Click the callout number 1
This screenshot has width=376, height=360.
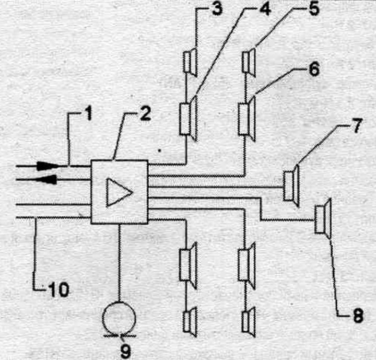pyautogui.click(x=89, y=113)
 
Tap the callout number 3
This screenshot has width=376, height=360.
pyautogui.click(x=217, y=8)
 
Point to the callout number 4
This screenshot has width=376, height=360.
pyautogui.click(x=265, y=8)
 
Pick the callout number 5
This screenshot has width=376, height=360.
pyautogui.click(x=313, y=8)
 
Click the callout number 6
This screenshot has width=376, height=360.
pyautogui.click(x=314, y=69)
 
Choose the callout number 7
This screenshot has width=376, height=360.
pyautogui.click(x=357, y=125)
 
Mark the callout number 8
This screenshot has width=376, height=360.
pyautogui.click(x=358, y=315)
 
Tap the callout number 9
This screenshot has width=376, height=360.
pyautogui.click(x=125, y=351)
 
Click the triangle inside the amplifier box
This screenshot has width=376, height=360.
pyautogui.click(x=119, y=192)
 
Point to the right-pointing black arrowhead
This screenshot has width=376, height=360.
pyautogui.click(x=49, y=166)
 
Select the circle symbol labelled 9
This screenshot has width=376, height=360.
pyautogui.click(x=119, y=318)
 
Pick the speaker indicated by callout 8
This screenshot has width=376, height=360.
pyautogui.click(x=323, y=219)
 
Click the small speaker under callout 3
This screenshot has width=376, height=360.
pyautogui.click(x=191, y=62)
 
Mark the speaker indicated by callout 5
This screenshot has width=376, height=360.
pyautogui.click(x=249, y=62)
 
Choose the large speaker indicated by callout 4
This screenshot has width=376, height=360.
pyautogui.click(x=189, y=118)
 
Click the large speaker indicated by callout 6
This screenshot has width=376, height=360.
pyautogui.click(x=247, y=118)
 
